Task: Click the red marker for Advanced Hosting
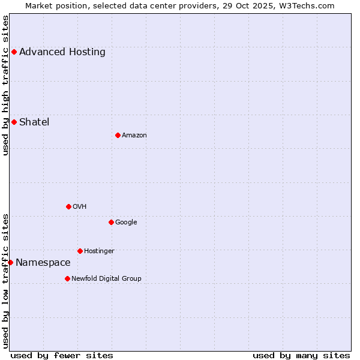click(x=14, y=52)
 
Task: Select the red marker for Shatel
click(x=14, y=122)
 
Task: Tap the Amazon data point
click(x=118, y=135)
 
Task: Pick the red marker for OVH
click(x=68, y=206)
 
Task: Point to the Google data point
click(x=111, y=222)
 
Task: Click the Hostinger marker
click(x=80, y=251)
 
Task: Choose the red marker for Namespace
click(x=10, y=262)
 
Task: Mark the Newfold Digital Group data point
click(x=67, y=278)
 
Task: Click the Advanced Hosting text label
click(x=62, y=52)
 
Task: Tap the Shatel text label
click(x=34, y=122)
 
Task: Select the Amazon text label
click(x=134, y=135)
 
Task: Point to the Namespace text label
click(x=43, y=262)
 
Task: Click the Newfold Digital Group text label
click(x=106, y=278)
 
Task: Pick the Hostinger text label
click(x=99, y=251)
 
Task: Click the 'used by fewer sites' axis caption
click(x=62, y=355)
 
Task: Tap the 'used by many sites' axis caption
click(x=301, y=355)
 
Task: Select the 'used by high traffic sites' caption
click(x=5, y=85)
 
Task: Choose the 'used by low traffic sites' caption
click(x=5, y=281)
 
